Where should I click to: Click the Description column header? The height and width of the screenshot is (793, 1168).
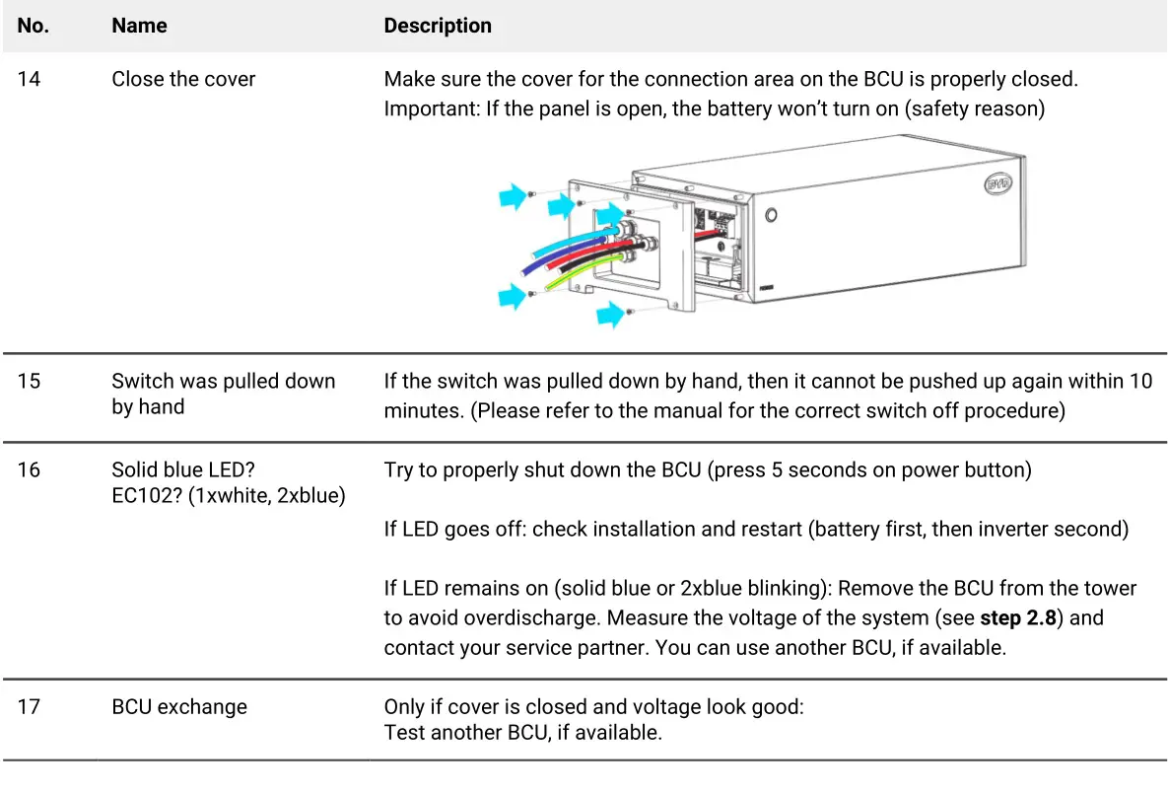tap(438, 26)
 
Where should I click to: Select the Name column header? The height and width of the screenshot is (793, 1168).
tap(139, 26)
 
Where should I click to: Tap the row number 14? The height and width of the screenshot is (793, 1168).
tap(30, 79)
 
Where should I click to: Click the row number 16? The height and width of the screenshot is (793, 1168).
tap(30, 469)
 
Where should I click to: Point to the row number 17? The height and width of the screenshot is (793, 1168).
tap(30, 707)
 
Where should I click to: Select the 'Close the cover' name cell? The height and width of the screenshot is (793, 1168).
tap(183, 79)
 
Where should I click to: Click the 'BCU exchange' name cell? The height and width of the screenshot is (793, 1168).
tap(179, 707)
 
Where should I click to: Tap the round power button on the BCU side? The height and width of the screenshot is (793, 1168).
tap(771, 214)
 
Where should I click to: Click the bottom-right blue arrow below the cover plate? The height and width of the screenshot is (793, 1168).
tap(611, 315)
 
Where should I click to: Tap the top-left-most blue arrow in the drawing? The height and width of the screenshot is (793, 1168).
tap(513, 197)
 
